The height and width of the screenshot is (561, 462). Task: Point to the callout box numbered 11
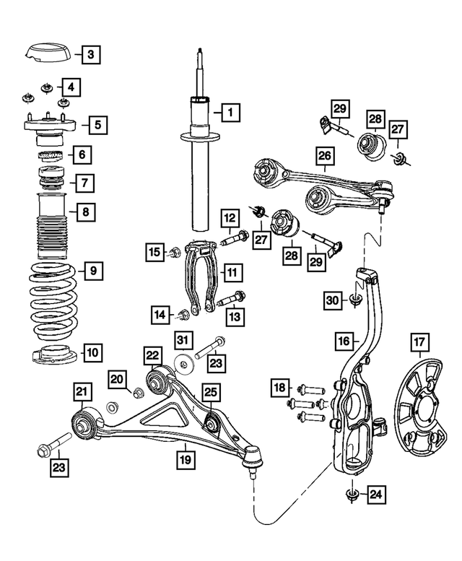232,273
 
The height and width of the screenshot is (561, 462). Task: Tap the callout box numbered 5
96,124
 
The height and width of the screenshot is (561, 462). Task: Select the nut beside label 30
354,300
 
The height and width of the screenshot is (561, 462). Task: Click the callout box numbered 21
83,392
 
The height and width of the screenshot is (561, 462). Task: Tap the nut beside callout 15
175,252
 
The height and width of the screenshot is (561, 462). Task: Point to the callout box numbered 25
210,392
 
